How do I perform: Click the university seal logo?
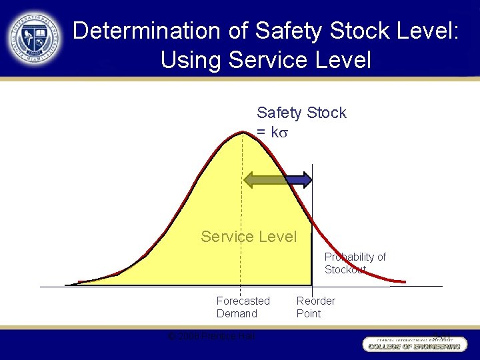pyautogui.click(x=35, y=38)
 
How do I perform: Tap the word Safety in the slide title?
pyautogui.click(x=283, y=31)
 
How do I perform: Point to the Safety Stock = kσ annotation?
pyautogui.click(x=301, y=122)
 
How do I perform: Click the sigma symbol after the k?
pyautogui.click(x=284, y=132)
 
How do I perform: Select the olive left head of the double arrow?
pyautogui.click(x=252, y=179)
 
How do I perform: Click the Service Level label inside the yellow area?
pyautogui.click(x=249, y=237)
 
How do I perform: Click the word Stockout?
pyautogui.click(x=345, y=269)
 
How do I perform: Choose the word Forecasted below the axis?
pyautogui.click(x=243, y=301)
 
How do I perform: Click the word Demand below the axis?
pyautogui.click(x=237, y=313)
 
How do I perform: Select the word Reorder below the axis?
pyautogui.click(x=316, y=301)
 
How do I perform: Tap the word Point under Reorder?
pyautogui.click(x=309, y=313)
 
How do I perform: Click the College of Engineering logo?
pyautogui.click(x=413, y=343)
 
